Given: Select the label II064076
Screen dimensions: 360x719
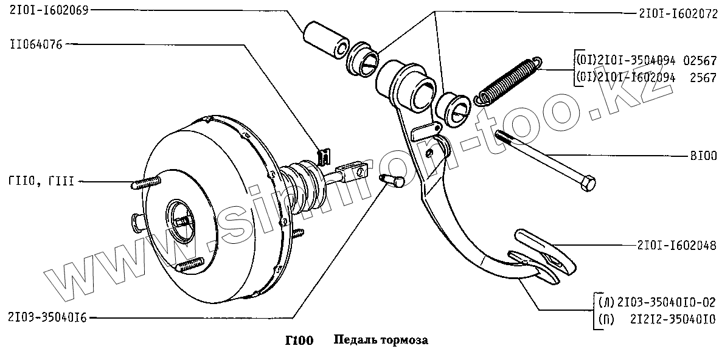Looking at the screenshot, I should click(36, 44).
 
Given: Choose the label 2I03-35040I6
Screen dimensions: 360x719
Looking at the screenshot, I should click(47, 317).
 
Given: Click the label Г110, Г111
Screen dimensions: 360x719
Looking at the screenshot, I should click(41, 181).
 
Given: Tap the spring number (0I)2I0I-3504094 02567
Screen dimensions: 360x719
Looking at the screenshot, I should click(645, 61).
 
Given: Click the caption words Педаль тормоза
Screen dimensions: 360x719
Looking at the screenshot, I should click(381, 340).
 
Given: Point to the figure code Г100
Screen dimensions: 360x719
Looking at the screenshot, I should click(299, 340).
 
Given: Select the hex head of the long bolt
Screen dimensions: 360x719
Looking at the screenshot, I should click(586, 184).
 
